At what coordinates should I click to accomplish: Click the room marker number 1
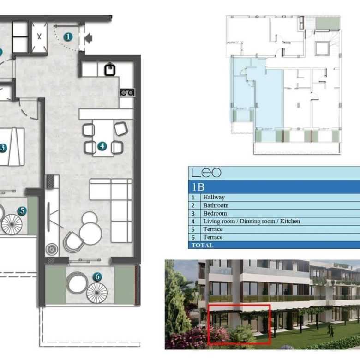coord(68,37)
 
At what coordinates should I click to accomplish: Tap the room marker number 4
coord(102,146)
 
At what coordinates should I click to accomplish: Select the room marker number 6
coord(97,276)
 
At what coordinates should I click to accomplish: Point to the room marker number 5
coord(22,211)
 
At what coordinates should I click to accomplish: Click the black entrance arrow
coord(89,38)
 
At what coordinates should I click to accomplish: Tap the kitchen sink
coord(110,70)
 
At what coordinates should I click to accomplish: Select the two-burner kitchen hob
coord(127,92)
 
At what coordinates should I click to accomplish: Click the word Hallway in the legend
coord(214,197)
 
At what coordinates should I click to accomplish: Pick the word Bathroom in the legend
coord(216,205)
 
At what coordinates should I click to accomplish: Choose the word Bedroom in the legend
coord(215,213)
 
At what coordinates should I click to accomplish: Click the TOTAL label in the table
coord(203,246)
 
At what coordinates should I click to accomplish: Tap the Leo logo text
coord(206,173)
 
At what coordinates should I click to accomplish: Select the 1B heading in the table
coord(198,187)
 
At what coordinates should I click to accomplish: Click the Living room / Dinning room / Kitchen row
coord(252,222)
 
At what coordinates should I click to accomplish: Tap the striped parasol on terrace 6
coord(97,293)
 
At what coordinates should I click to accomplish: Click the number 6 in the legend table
coord(193,237)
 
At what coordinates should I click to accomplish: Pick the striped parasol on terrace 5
coord(12,224)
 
